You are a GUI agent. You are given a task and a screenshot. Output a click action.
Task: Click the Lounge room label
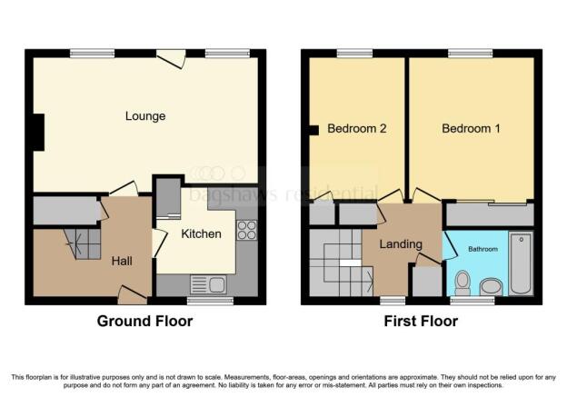tap(145, 116)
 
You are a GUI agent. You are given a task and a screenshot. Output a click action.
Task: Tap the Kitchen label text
tap(201, 234)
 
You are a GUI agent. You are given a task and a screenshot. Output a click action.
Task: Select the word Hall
tap(122, 261)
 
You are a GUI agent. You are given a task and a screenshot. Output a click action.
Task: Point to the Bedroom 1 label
tap(471, 128)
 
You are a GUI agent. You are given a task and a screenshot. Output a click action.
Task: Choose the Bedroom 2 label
tap(357, 128)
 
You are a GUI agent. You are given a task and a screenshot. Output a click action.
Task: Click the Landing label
tap(401, 244)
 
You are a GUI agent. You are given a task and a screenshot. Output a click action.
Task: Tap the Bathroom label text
tap(482, 249)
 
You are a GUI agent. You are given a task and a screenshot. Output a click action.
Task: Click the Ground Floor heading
tap(144, 321)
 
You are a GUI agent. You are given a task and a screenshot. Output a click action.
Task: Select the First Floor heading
tap(421, 321)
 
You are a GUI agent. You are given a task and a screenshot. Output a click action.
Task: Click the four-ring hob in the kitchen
tap(247, 231)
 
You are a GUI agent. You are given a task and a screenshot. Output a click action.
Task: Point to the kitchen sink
tap(208, 284)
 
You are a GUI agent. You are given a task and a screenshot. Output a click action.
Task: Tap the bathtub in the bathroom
tap(521, 263)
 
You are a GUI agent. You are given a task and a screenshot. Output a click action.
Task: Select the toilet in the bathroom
tap(463, 283)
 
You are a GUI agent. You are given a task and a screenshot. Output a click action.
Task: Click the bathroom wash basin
tap(491, 287)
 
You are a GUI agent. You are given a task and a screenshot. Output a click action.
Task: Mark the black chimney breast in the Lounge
tap(39, 133)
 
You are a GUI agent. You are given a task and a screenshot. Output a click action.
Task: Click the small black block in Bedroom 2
tap(313, 130)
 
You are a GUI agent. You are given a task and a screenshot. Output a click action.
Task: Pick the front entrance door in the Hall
tap(132, 294)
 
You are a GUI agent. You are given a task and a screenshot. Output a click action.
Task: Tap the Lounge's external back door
tap(171, 58)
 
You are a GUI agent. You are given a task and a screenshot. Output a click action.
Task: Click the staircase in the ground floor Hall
tap(83, 243)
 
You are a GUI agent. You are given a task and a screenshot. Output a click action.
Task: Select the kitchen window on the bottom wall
tap(210, 301)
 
